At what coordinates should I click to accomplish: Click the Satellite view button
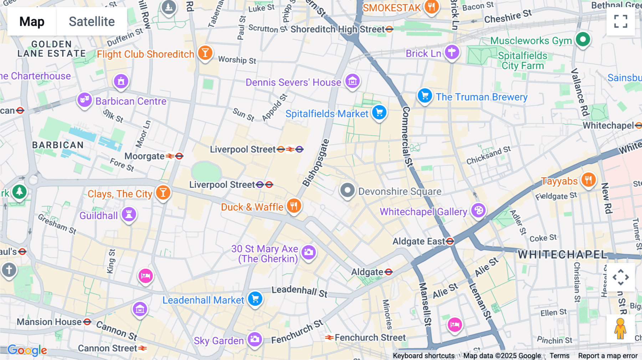coord(92,22)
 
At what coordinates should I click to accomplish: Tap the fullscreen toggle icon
coord(621,21)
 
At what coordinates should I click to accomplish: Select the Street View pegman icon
coord(620,329)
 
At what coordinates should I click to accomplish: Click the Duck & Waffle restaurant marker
coord(294,206)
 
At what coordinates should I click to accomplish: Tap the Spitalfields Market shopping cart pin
coord(379,113)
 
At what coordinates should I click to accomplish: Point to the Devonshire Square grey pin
coord(347,190)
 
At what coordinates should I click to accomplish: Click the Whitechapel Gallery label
coord(423,212)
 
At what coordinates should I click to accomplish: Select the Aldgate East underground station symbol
coord(450,241)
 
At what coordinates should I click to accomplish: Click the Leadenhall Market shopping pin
coord(255,299)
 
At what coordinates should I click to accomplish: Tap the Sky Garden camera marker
coord(255,339)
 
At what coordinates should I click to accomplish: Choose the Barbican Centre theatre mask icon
coord(85,100)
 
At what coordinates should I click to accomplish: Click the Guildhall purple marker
coord(129,214)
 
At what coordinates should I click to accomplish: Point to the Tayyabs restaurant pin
coord(588,180)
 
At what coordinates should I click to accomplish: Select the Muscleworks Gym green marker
coord(583,39)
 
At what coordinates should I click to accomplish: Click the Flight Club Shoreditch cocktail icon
coord(205,53)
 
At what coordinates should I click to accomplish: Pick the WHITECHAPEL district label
coord(562,254)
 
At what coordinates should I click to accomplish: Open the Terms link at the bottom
coord(559,356)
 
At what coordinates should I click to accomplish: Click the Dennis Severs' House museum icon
coord(352,81)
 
